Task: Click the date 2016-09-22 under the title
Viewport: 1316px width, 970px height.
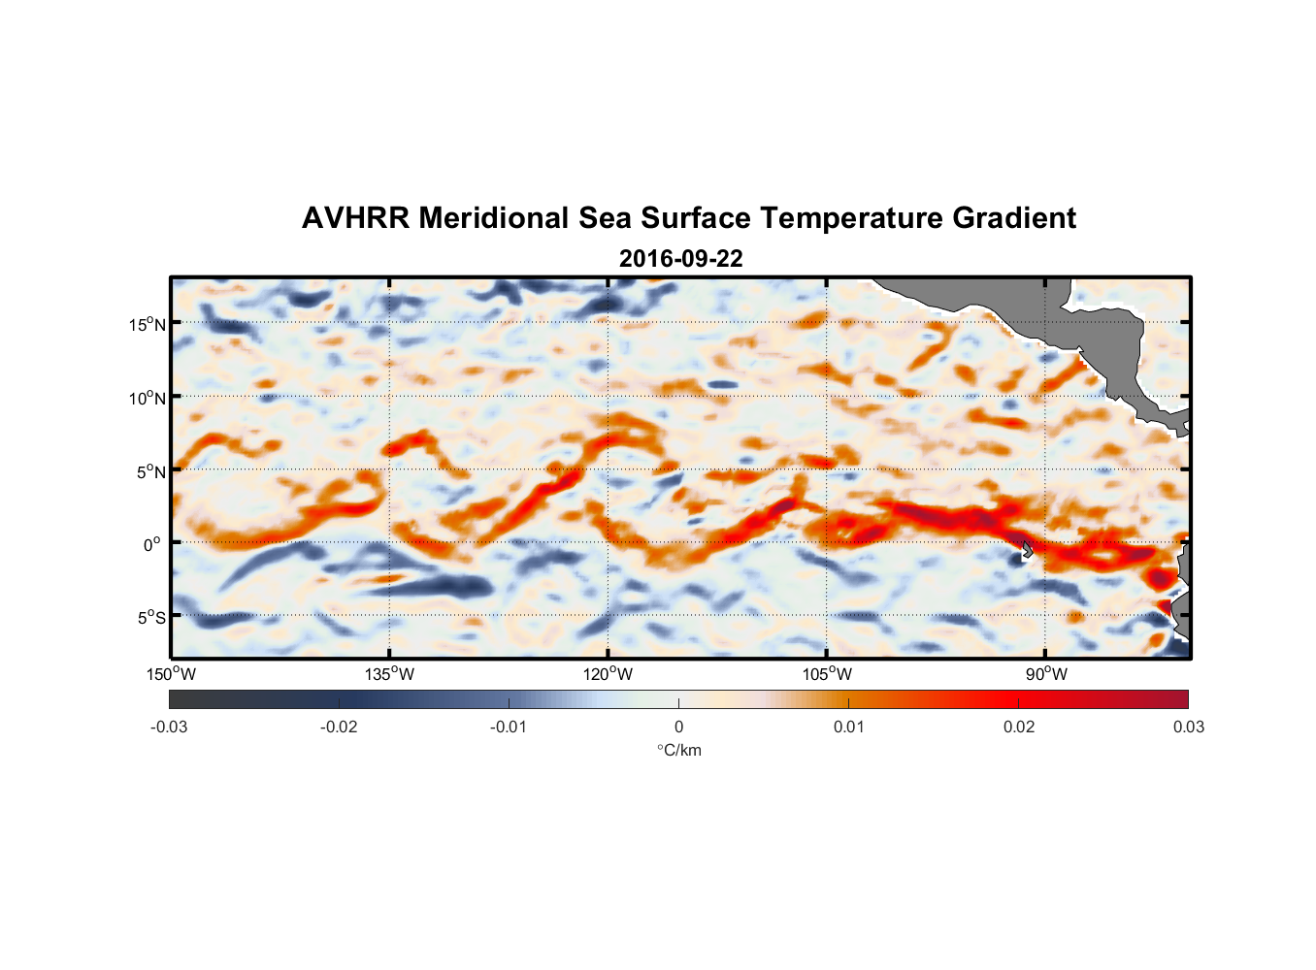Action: (x=680, y=259)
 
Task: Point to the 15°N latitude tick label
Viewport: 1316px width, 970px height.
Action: (x=148, y=324)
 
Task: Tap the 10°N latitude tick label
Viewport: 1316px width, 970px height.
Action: (x=148, y=398)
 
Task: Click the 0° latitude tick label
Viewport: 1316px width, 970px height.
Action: (x=152, y=544)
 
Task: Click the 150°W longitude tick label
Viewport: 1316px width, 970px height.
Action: (x=171, y=674)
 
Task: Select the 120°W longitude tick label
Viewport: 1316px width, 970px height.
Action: (x=609, y=674)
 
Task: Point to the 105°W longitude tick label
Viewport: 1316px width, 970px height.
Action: (x=827, y=674)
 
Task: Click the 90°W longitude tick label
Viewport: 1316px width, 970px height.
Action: (x=1046, y=674)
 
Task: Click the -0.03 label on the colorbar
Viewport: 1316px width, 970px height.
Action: (x=169, y=727)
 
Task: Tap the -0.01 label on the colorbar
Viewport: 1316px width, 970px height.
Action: (x=509, y=727)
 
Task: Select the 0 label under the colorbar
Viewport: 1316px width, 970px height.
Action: (x=678, y=727)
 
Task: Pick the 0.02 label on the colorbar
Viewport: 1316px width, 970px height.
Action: (x=1018, y=727)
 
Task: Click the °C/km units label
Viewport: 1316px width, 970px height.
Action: (x=678, y=750)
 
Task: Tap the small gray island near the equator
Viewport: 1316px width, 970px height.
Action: (x=1027, y=550)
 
